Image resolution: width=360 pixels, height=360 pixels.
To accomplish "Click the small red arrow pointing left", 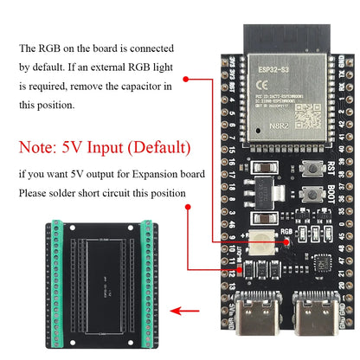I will (181, 309).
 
